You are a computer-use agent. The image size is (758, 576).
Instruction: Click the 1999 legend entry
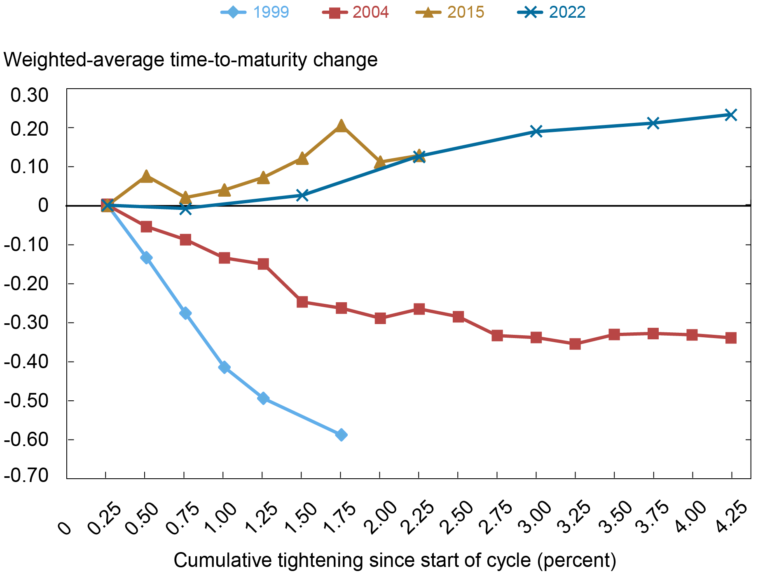(x=255, y=12)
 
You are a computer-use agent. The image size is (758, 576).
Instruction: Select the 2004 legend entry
(x=356, y=12)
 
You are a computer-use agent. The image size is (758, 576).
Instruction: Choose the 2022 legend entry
(x=552, y=12)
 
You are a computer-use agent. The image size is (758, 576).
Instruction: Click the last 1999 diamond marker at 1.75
(x=341, y=435)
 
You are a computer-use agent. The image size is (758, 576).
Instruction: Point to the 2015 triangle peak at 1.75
(x=341, y=126)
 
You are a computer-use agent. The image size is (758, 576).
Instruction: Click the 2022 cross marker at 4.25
(x=731, y=115)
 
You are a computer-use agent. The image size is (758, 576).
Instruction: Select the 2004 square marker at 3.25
(x=575, y=344)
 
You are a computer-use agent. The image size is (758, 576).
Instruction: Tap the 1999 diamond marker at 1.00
(x=224, y=367)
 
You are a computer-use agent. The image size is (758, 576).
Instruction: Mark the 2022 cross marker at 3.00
(x=536, y=132)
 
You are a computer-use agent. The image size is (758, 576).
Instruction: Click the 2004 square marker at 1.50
(x=302, y=302)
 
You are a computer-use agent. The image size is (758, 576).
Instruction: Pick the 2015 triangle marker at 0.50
(x=146, y=176)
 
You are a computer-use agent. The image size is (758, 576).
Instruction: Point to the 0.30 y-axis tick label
(x=29, y=95)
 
